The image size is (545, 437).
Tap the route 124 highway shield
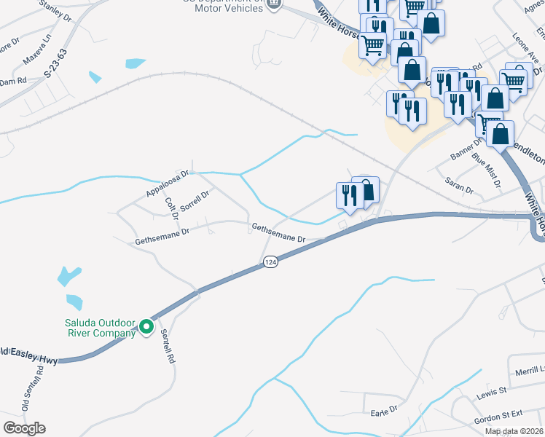[x=270, y=261]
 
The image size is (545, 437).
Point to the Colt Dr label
[x=172, y=208]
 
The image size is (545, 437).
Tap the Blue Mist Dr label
[x=486, y=169]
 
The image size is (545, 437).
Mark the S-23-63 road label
[x=55, y=64]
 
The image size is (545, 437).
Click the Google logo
[x=24, y=428]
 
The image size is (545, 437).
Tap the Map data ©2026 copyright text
[x=514, y=431]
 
